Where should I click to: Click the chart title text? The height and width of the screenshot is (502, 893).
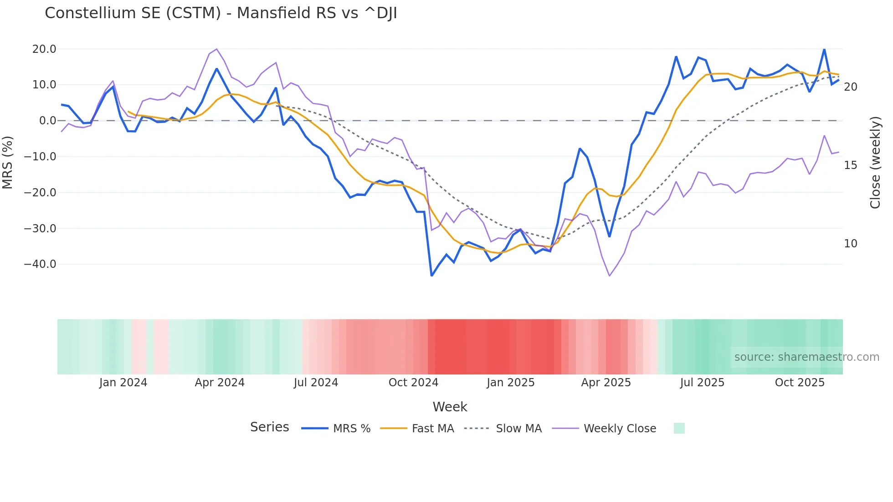coord(221,13)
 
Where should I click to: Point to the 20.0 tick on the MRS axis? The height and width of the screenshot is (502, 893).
coord(44,49)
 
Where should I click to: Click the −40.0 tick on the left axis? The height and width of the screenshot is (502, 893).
coord(40,264)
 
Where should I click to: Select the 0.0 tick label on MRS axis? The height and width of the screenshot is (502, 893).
coord(47,121)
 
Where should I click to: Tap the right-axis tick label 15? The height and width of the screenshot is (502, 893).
coord(850,165)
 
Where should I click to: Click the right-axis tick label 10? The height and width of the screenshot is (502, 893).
coord(850,244)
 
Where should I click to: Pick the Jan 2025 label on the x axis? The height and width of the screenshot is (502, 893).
coord(510,383)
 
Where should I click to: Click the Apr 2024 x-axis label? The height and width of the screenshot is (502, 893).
coord(220,383)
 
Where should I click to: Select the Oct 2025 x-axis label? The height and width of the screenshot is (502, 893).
coord(800,383)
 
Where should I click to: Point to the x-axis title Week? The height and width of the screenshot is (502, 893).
coord(450,407)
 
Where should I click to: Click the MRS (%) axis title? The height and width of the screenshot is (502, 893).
coord(8,162)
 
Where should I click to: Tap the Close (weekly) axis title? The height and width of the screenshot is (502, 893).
coord(875,163)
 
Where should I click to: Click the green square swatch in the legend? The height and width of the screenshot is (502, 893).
coord(679,428)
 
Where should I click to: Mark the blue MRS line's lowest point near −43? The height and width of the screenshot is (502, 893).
coord(431,276)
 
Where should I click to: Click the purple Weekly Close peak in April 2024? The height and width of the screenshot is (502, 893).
coord(216,49)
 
